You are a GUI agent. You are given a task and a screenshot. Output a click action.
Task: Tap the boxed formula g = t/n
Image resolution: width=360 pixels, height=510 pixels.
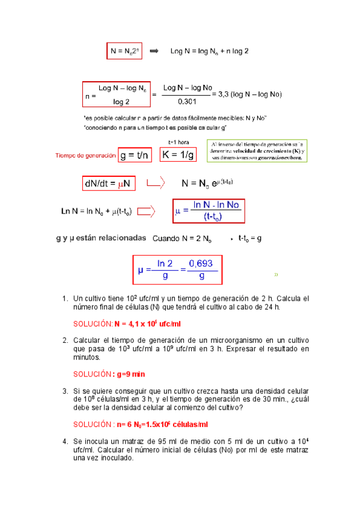(x=135, y=155)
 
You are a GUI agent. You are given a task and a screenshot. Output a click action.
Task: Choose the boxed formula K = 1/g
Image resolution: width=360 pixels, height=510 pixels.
(x=178, y=155)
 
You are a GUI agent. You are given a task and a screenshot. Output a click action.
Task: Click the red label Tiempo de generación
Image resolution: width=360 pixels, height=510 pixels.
(x=85, y=156)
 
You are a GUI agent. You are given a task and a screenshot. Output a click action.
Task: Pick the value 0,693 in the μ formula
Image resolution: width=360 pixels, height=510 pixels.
(x=201, y=263)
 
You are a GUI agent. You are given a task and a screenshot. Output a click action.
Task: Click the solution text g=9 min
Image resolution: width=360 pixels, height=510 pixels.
(x=129, y=374)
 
